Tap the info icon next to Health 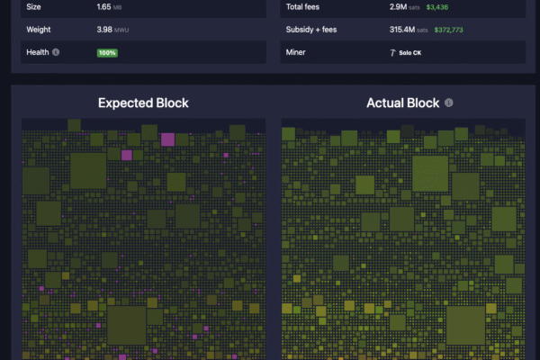[x=56, y=52]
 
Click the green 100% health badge [x=107, y=52]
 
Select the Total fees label [x=305, y=7]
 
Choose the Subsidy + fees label [x=312, y=30]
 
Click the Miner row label [x=297, y=52]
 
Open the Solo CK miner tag [x=404, y=52]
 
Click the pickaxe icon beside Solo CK [x=391, y=52]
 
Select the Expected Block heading [x=143, y=103]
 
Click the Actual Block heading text [x=402, y=103]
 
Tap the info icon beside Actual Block [x=449, y=103]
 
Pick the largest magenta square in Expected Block [x=167, y=139]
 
